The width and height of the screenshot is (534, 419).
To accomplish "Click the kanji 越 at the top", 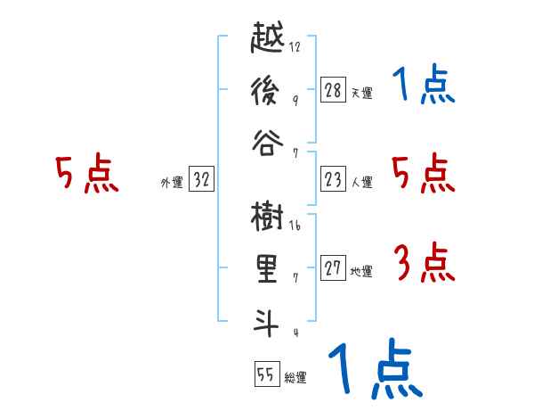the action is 269,40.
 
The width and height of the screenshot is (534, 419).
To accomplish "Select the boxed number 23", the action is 333,179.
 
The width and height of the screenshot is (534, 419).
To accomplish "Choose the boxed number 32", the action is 201,180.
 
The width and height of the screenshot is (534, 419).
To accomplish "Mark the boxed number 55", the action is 265,374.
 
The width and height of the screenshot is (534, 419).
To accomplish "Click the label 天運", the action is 361,92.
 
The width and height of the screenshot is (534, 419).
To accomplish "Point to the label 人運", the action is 361,183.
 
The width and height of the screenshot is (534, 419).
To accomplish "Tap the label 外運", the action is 171,183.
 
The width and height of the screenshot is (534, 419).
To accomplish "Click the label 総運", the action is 295,378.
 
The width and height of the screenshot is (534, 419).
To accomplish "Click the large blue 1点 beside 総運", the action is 374,368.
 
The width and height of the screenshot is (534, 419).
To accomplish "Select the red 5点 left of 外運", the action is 87,174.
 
